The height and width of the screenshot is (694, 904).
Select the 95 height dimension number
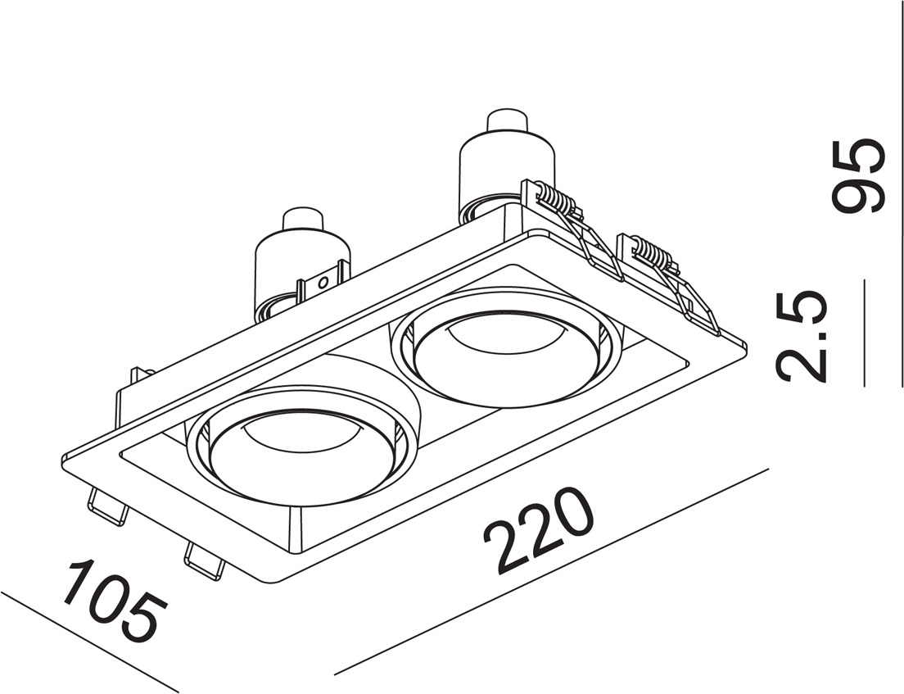click(858, 176)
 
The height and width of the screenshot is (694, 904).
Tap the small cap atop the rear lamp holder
click(507, 124)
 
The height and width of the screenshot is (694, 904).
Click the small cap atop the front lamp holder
click(303, 220)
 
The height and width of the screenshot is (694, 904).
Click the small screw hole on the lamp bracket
click(324, 282)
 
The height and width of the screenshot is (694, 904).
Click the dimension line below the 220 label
click(552, 571)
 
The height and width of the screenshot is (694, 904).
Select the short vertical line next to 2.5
click(865, 333)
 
